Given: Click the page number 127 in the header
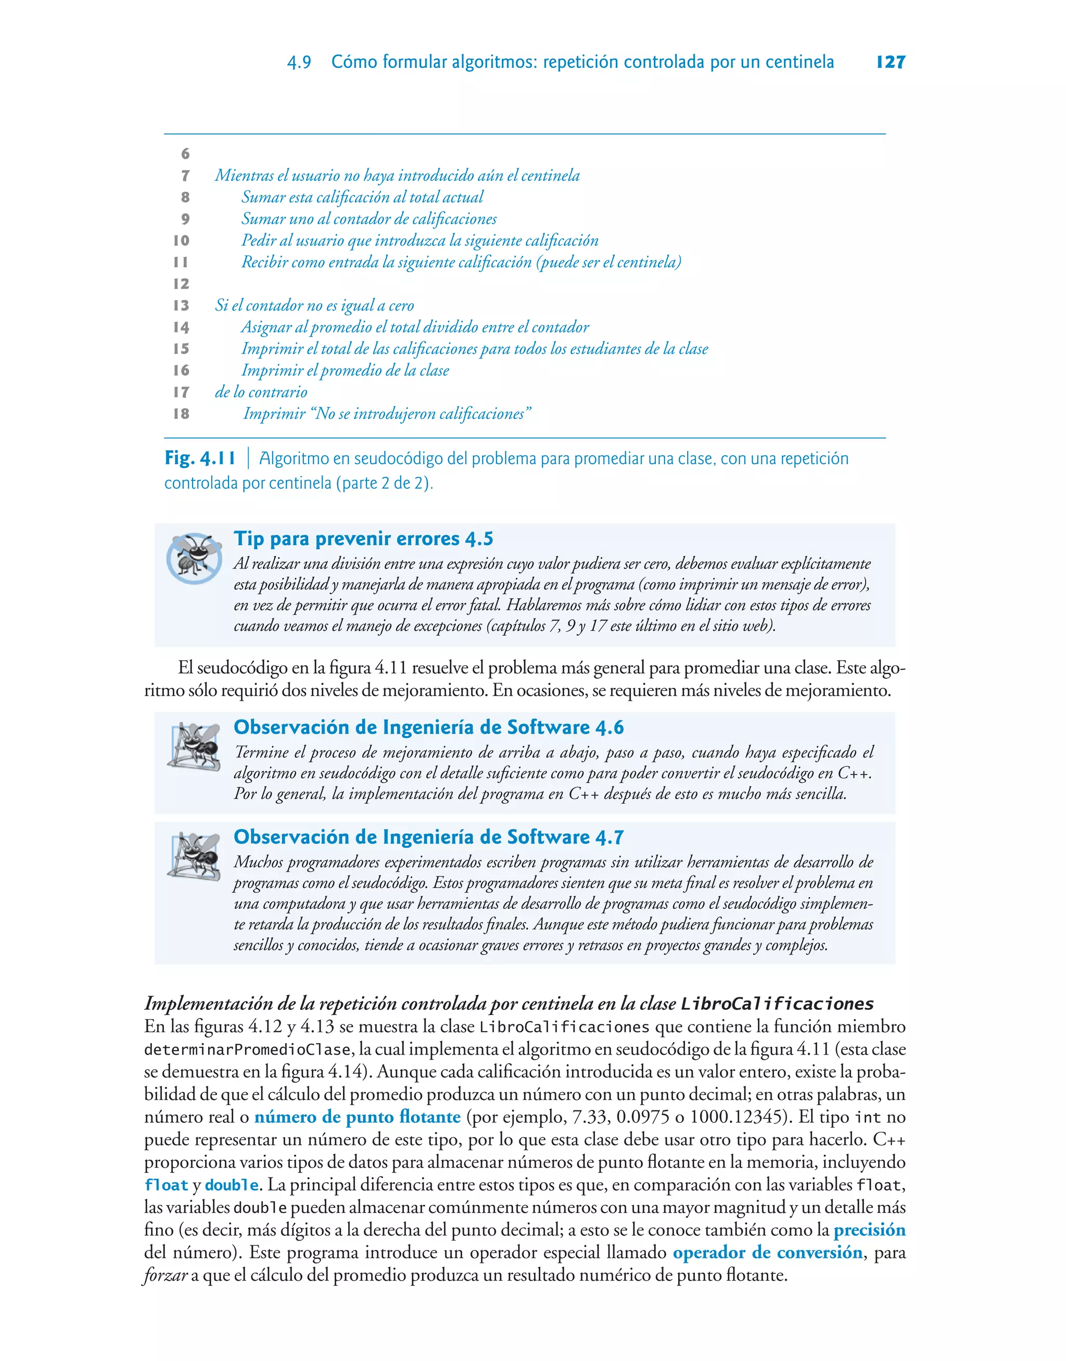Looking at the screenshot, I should (x=891, y=62).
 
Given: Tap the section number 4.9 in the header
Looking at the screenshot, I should (x=299, y=63).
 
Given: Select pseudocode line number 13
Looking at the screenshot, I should (x=181, y=305).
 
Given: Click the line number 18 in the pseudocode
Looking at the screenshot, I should (x=181, y=414).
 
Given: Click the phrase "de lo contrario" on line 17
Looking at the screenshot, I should (x=261, y=392).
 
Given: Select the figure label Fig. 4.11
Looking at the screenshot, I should (x=200, y=459).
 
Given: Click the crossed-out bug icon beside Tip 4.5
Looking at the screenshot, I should (x=194, y=557).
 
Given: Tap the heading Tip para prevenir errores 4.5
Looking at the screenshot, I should (x=363, y=538).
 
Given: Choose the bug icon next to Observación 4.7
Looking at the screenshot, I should (x=194, y=856).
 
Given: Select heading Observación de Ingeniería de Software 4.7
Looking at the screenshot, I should (x=428, y=837).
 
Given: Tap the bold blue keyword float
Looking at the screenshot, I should (x=166, y=1185).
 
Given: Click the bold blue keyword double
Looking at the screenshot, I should (x=232, y=1185).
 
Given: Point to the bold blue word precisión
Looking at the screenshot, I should (x=869, y=1230).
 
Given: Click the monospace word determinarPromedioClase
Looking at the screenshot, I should (x=248, y=1049).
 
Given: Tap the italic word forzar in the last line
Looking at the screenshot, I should (x=166, y=1276).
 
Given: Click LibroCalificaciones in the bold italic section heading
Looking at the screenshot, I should (x=777, y=1004).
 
